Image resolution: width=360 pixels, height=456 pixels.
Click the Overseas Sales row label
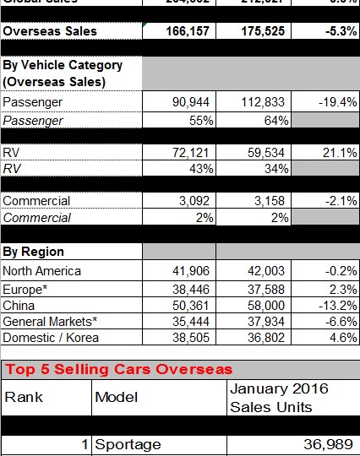50,31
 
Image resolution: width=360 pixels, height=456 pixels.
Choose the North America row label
42,271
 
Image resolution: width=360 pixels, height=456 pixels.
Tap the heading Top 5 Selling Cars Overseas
118,370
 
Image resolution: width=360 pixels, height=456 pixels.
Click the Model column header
117,397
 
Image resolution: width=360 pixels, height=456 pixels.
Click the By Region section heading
34,252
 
